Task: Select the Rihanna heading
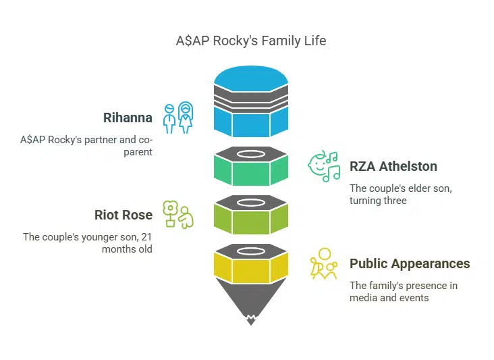pyautogui.click(x=128, y=118)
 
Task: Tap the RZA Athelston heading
pyautogui.click(x=393, y=166)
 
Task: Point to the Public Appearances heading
pyautogui.click(x=410, y=263)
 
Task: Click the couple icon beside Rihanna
pyautogui.click(x=177, y=118)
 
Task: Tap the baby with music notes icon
pyautogui.click(x=324, y=166)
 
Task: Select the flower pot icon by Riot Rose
pyautogui.click(x=177, y=215)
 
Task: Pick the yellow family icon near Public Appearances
pyautogui.click(x=324, y=264)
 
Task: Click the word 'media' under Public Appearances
pyautogui.click(x=364, y=297)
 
